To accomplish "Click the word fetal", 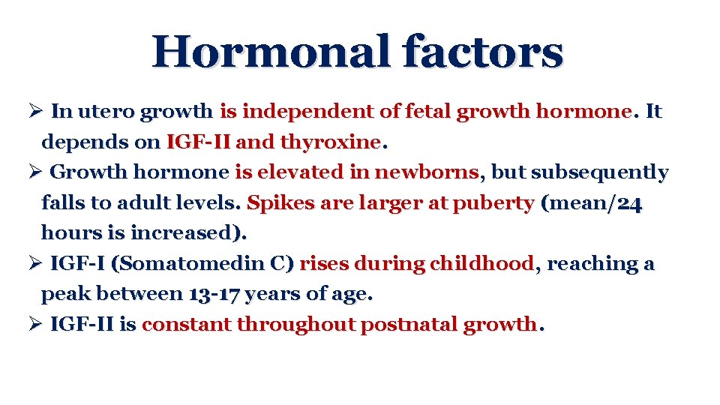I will [428, 112].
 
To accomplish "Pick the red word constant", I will [187, 325].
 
